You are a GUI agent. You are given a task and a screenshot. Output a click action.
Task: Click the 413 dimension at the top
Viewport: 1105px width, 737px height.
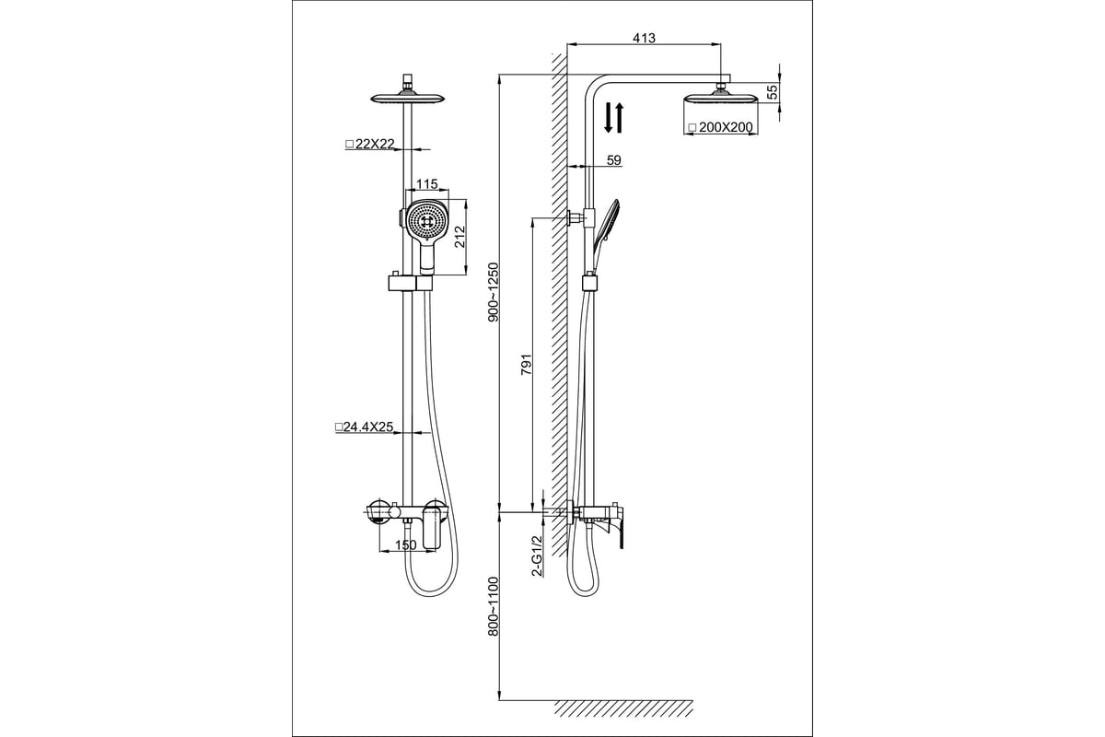point(645,38)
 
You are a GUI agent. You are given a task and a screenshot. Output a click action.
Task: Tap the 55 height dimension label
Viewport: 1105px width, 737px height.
point(773,91)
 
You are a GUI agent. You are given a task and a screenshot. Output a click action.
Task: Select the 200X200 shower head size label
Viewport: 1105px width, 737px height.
point(721,127)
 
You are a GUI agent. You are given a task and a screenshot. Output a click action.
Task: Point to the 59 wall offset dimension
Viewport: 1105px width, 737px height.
point(613,160)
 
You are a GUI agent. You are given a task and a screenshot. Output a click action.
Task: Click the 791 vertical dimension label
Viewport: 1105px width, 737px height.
point(527,364)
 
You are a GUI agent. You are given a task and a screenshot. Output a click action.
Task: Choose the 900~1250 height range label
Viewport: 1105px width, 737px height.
point(494,292)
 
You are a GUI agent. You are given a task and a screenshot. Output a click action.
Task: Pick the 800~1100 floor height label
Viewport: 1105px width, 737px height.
point(494,606)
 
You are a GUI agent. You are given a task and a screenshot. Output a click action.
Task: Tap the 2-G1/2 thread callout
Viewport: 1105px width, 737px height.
point(537,556)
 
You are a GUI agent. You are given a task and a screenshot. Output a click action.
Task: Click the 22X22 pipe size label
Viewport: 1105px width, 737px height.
point(370,144)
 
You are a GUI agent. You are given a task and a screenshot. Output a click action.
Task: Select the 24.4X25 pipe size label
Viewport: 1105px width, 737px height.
point(364,427)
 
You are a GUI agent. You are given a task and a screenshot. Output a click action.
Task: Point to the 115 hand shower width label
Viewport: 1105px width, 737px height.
point(426,183)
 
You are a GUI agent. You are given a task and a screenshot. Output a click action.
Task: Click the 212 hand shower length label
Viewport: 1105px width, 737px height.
point(459,237)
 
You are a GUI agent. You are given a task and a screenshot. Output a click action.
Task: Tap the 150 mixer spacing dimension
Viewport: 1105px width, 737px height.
point(406,545)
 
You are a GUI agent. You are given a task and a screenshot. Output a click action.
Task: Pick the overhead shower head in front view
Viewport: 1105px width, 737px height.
point(408,95)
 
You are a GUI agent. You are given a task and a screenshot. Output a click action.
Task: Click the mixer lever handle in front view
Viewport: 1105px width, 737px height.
point(431,529)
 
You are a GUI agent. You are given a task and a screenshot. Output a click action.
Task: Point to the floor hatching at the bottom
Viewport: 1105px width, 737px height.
point(623,708)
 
